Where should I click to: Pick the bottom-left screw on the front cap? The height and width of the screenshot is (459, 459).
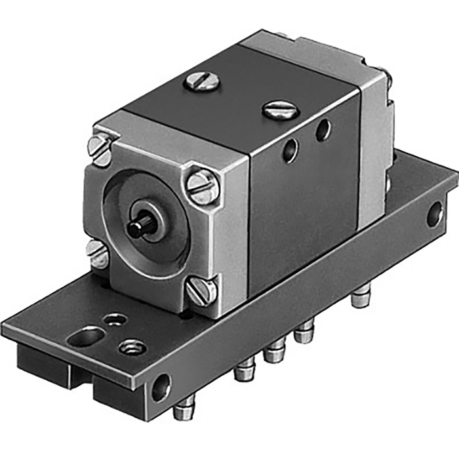pos(98,253)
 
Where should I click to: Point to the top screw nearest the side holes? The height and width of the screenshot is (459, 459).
pos(281,110)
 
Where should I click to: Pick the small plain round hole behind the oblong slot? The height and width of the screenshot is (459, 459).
pos(116,320)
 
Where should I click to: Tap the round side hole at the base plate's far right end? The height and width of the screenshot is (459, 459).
pos(434,214)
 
